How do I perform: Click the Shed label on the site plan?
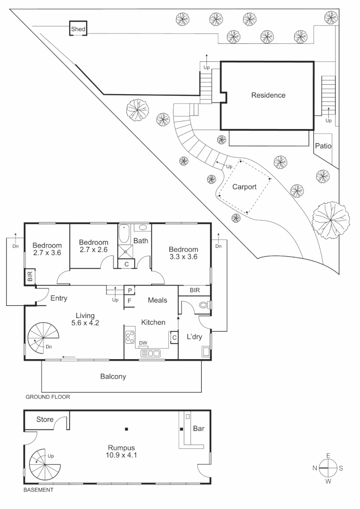78,29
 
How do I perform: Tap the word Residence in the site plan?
268,95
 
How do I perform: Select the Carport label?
245,187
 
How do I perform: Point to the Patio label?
323,146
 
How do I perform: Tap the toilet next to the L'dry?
205,305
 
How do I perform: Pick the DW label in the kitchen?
143,343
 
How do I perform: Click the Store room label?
45,419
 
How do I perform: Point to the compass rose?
328,468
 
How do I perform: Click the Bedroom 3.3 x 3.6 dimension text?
183,257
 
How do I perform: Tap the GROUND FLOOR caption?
48,397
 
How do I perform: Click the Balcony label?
113,377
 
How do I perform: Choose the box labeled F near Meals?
130,301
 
